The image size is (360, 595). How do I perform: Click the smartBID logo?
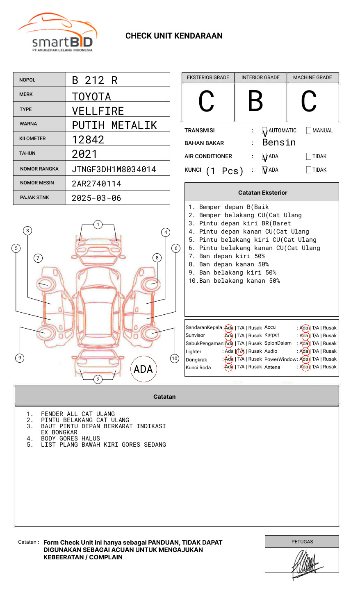coord(57,33)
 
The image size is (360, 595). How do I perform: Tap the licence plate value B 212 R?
coord(95,80)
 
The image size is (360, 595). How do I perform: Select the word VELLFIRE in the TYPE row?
coord(98,111)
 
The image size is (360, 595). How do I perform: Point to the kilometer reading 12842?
coord(88,140)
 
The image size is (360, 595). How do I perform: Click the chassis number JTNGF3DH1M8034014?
coord(114,169)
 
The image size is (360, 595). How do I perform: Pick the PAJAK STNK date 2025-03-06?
coord(96,198)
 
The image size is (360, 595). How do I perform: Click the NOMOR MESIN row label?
coord(37,183)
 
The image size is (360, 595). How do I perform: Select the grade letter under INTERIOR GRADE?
coord(255,101)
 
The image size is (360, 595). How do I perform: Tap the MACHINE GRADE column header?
coord(312,77)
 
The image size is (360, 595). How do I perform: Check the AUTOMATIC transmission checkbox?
coord(265,131)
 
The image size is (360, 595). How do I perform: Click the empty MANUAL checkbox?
coord(309,131)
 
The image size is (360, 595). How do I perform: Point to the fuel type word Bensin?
coord(279,143)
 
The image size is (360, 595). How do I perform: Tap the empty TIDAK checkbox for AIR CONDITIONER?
coord(309,157)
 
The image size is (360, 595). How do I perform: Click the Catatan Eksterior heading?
coord(262,193)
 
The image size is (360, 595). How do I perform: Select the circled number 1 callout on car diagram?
coord(98,225)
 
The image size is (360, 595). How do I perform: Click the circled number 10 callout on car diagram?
coord(175,359)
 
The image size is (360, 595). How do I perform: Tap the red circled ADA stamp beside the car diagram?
coord(143,369)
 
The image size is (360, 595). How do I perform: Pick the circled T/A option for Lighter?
coord(240,351)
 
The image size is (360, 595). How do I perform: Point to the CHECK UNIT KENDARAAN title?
coord(174,36)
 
